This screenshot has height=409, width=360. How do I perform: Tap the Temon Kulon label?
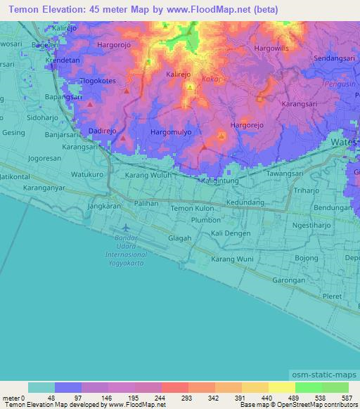[192, 209]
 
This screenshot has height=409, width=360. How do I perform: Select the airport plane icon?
[125, 228]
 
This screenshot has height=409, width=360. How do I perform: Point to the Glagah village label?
[179, 238]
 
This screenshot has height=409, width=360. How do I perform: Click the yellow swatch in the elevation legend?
[281, 387]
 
